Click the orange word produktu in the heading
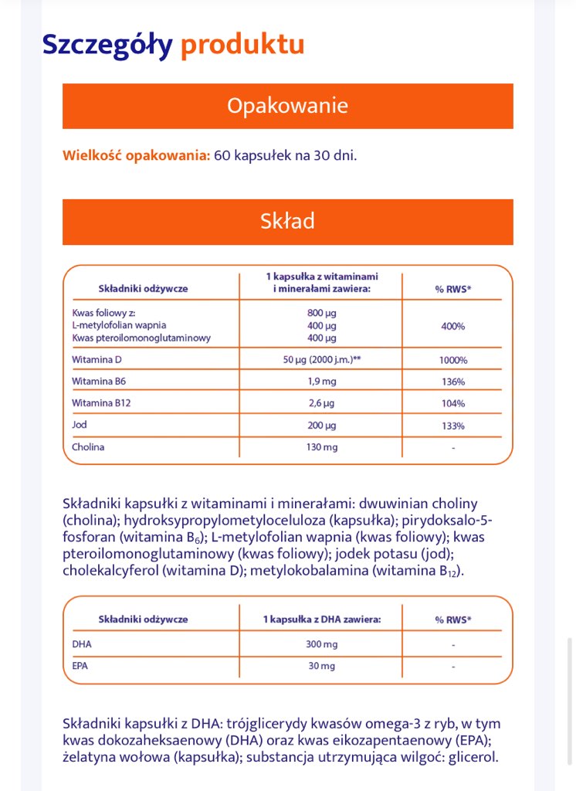(x=242, y=45)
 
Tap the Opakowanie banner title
(x=287, y=106)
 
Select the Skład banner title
(x=287, y=222)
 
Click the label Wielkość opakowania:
(x=136, y=155)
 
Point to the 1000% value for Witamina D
(x=453, y=360)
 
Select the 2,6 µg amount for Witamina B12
(x=322, y=403)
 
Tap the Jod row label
(x=80, y=425)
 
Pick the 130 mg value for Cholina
(x=322, y=447)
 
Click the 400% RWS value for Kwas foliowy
(x=453, y=326)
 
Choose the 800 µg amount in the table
(x=322, y=314)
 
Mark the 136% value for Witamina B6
(x=453, y=382)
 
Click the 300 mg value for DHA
(x=322, y=644)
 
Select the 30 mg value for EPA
(x=322, y=666)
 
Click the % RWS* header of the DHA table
(x=453, y=620)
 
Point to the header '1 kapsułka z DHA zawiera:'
(x=322, y=620)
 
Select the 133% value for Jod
(x=453, y=426)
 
